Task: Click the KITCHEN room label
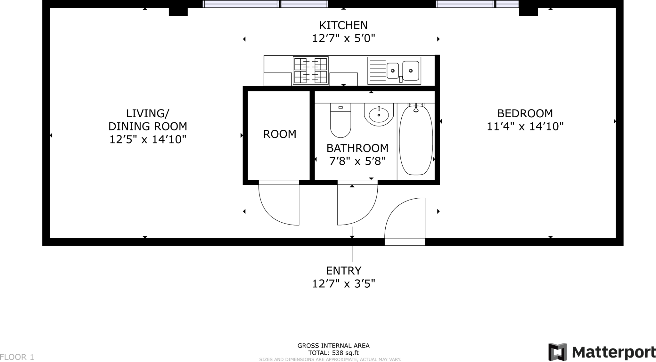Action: point(343,25)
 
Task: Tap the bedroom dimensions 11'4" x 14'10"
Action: point(525,127)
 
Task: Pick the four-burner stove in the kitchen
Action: point(310,71)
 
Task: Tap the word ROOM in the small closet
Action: point(280,134)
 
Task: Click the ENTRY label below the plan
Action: point(343,271)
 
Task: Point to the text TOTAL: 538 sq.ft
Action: point(333,353)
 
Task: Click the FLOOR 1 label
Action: point(17,357)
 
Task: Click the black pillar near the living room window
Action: point(178,12)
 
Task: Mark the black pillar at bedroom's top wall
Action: point(528,12)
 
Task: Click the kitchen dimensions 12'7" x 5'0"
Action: point(343,38)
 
